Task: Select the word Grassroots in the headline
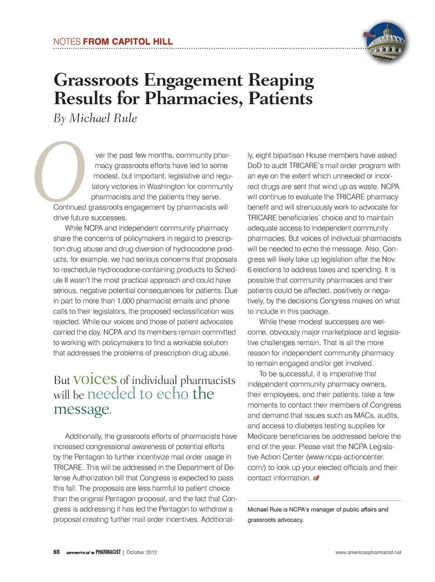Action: pyautogui.click(x=96, y=80)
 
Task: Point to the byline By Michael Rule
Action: pyautogui.click(x=95, y=118)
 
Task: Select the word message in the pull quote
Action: pyautogui.click(x=82, y=409)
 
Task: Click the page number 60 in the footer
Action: pyautogui.click(x=57, y=552)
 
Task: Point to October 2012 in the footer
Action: pyautogui.click(x=141, y=552)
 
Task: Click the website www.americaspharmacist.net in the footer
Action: pyautogui.click(x=368, y=552)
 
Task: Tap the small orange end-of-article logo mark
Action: pyautogui.click(x=316, y=478)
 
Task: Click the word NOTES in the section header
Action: pyautogui.click(x=67, y=42)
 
